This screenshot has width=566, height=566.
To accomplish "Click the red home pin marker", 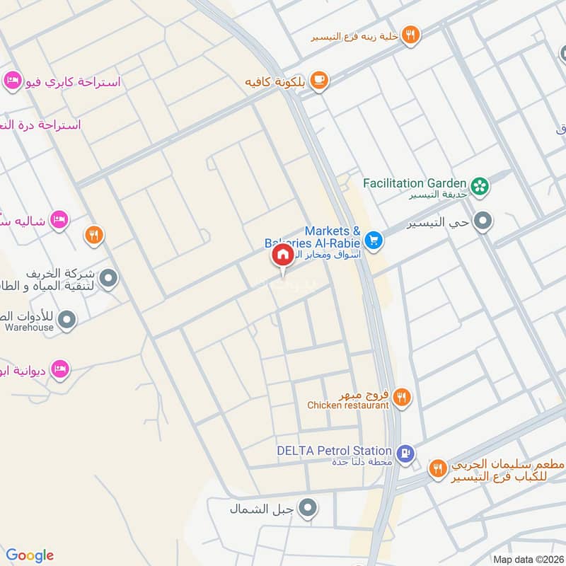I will click(x=282, y=255).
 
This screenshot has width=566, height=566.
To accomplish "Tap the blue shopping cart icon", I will click(x=374, y=242).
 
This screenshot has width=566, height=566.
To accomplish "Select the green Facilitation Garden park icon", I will click(x=481, y=185).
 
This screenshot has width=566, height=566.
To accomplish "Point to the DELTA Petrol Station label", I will click(x=335, y=451).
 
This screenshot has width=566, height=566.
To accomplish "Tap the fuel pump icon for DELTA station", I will click(x=405, y=453).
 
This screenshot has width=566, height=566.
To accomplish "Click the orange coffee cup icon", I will click(x=319, y=81).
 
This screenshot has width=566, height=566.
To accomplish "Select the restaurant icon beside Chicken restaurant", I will click(x=402, y=398).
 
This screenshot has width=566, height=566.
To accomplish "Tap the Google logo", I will click(x=30, y=555).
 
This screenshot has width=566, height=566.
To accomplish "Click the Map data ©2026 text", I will click(x=527, y=559).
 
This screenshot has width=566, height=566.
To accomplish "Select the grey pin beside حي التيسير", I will click(x=483, y=222).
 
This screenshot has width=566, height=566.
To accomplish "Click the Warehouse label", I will click(x=29, y=328).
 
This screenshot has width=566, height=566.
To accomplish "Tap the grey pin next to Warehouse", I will click(x=67, y=320).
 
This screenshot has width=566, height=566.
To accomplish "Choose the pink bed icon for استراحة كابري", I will click(x=11, y=81).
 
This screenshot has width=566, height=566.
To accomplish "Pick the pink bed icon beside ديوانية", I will click(x=61, y=368).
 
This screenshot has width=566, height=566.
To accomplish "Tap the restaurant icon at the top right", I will click(x=410, y=34).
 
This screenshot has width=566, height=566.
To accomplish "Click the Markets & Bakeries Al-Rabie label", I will click(x=333, y=237).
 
